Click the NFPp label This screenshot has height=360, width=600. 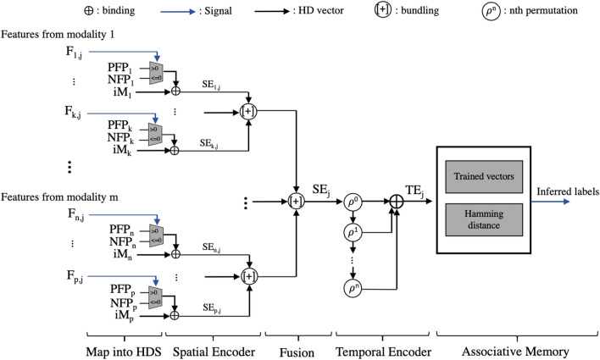click(x=134, y=302)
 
